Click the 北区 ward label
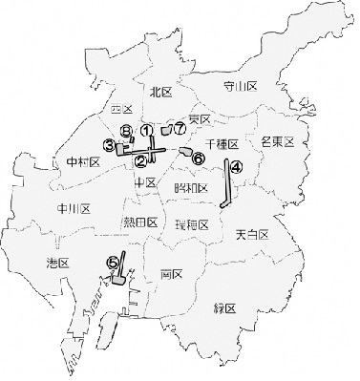tap(161, 92)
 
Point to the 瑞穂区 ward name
tap(193, 224)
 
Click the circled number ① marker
tap(146, 129)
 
